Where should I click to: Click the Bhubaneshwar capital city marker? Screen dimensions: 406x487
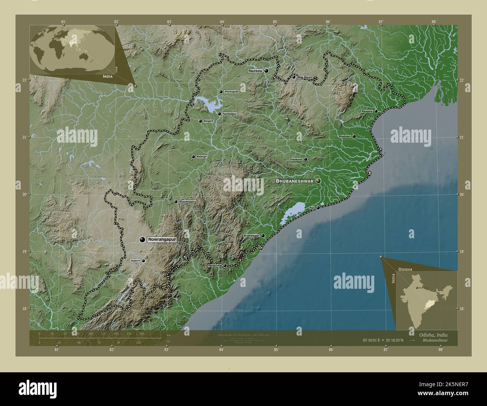318,181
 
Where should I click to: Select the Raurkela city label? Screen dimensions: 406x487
255,71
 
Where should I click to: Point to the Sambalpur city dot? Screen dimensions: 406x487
219,114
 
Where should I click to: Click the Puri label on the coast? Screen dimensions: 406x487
312,207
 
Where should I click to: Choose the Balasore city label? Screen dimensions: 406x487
367,111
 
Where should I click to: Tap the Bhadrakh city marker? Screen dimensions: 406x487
354,137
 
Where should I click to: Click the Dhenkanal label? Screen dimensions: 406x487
296,160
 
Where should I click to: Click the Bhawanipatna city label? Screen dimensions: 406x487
187,202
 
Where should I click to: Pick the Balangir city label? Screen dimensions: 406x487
202,157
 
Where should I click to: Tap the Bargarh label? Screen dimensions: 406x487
208,121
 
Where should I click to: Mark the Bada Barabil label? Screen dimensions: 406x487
305,77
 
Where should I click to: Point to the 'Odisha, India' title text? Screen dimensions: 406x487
431,334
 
